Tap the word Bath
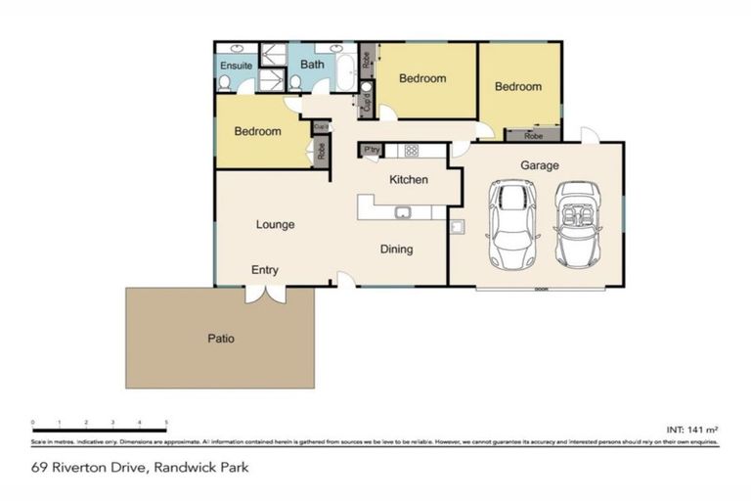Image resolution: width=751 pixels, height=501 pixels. click(312, 65)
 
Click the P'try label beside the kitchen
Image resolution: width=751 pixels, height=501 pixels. click(372, 150)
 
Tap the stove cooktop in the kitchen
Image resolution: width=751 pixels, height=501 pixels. click(412, 151)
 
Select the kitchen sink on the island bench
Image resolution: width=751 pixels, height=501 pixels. click(402, 212)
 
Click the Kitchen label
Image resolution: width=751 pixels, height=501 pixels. click(408, 180)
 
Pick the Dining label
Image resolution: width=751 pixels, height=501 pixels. click(396, 249)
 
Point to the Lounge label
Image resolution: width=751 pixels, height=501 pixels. click(275, 225)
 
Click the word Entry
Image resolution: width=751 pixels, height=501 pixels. click(264, 269)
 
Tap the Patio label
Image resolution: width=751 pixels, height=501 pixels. click(220, 339)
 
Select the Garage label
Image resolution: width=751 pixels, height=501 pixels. click(539, 166)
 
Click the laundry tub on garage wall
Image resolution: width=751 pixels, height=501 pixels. click(457, 228)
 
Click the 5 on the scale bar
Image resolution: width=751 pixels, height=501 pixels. click(166, 423)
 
